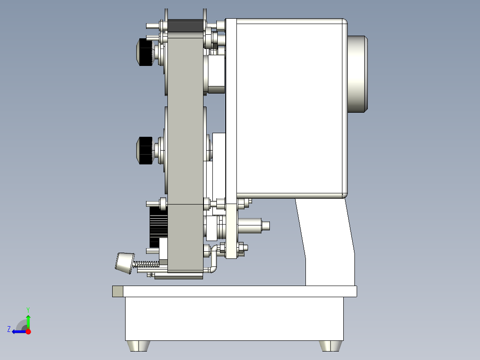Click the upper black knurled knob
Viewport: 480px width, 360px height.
(144, 52)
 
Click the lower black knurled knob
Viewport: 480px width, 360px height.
(144, 151)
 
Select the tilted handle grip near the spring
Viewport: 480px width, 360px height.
(125, 263)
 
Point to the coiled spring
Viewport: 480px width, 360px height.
(146, 263)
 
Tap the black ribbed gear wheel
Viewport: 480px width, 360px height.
(158, 227)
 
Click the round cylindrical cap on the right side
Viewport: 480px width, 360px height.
(358, 74)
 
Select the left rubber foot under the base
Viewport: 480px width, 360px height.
(138, 346)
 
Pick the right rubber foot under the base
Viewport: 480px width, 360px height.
(330, 346)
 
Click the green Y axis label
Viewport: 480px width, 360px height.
(28, 310)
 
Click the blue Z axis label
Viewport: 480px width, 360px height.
(9, 329)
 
